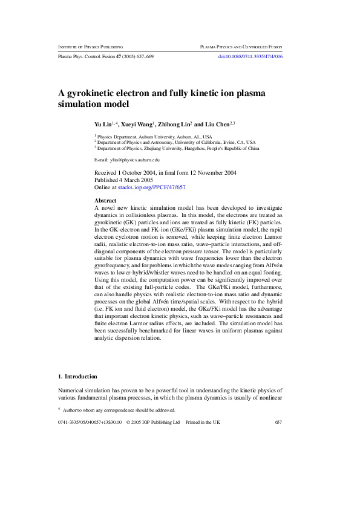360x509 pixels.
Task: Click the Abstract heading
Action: [x=106, y=200]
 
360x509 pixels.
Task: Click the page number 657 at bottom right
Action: [x=278, y=422]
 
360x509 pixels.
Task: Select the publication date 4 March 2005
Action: [x=133, y=180]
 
